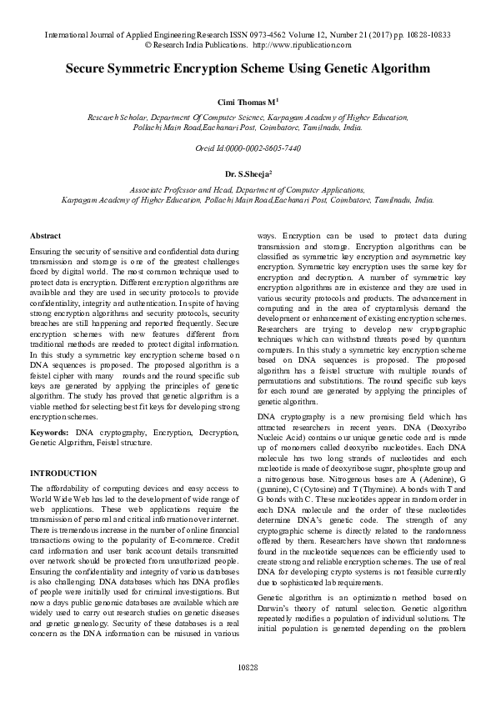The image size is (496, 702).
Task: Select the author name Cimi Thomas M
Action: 247,101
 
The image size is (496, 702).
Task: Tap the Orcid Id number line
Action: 248,148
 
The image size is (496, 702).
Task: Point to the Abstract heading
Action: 45,237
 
